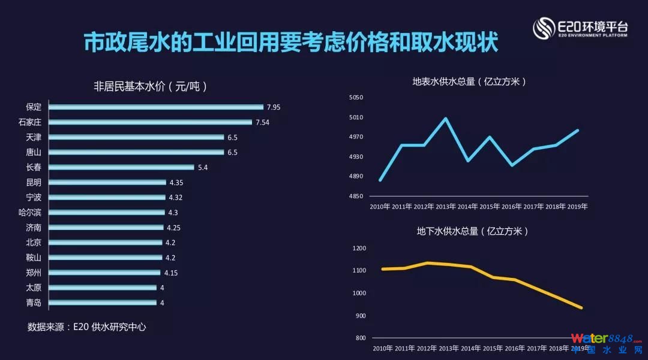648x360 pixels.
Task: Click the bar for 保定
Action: [x=155, y=107]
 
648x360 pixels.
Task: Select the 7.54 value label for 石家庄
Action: [x=262, y=122]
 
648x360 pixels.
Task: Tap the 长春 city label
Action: [x=34, y=167]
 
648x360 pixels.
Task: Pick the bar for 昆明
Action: [x=107, y=182]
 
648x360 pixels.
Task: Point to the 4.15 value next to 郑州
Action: [x=171, y=273]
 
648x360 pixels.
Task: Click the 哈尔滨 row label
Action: [x=30, y=212]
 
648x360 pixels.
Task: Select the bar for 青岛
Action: [x=102, y=302]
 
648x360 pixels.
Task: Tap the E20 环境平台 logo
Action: [x=581, y=28]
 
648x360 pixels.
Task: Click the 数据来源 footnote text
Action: [x=87, y=327]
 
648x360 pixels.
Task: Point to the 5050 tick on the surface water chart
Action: [x=356, y=97]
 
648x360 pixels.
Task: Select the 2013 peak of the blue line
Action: [x=445, y=118]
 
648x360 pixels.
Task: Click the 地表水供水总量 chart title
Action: [x=470, y=81]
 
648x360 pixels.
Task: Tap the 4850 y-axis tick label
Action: [x=356, y=196]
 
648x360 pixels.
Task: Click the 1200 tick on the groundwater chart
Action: [x=359, y=248]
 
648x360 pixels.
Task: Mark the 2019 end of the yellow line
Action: [x=581, y=308]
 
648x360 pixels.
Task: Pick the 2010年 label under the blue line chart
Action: [x=380, y=207]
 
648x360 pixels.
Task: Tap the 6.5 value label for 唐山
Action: [x=232, y=152]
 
